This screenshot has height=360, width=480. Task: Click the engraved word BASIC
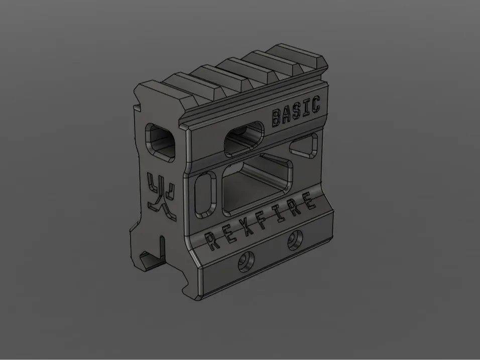295,112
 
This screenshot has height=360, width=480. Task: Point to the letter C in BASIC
315,105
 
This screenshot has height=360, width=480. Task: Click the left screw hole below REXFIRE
246,261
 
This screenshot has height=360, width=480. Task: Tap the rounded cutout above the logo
161,141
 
